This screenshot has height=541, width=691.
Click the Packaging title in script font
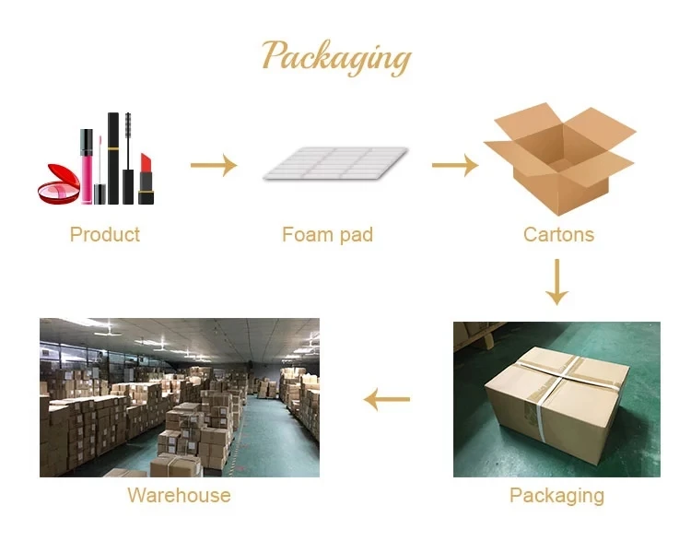pos(335,57)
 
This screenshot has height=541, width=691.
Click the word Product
pos(105,234)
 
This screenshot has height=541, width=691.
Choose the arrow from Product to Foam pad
pos(213,166)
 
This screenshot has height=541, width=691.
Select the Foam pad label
pos(327,234)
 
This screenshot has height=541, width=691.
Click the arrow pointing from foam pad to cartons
pos(454,166)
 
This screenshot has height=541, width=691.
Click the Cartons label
pos(558,234)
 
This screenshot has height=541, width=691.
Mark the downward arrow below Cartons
pos(556,283)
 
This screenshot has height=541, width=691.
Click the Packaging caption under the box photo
pos(556,496)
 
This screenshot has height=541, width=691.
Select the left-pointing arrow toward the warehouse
pos(387,400)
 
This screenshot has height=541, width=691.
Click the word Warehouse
pos(179,496)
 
